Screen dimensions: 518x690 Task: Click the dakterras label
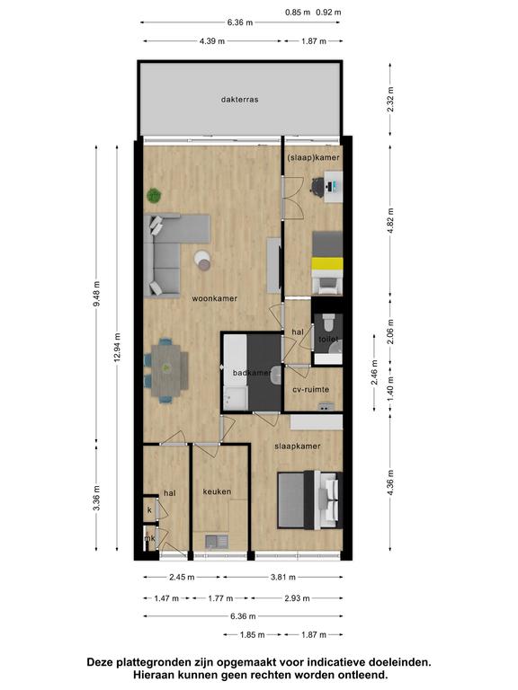239,100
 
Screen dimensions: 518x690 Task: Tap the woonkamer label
215,298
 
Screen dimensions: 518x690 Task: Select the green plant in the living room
154,195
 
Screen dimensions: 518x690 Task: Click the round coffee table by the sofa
203,260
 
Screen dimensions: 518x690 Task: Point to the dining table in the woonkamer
166,367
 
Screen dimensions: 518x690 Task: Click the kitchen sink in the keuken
216,541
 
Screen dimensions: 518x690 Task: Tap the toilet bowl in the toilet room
328,323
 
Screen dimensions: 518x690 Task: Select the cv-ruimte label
311,389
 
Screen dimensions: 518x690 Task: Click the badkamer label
252,373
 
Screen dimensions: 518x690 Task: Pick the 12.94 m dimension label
117,347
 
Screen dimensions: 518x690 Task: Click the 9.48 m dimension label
97,294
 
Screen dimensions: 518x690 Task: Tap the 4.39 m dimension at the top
212,41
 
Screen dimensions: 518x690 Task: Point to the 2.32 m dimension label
390,100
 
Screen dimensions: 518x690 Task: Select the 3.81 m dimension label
282,577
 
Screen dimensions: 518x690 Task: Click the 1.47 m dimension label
166,598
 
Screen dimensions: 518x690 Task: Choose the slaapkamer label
298,447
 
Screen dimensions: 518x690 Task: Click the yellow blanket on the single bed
326,264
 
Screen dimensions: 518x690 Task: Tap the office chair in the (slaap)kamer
318,185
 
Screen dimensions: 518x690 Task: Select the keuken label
217,491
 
